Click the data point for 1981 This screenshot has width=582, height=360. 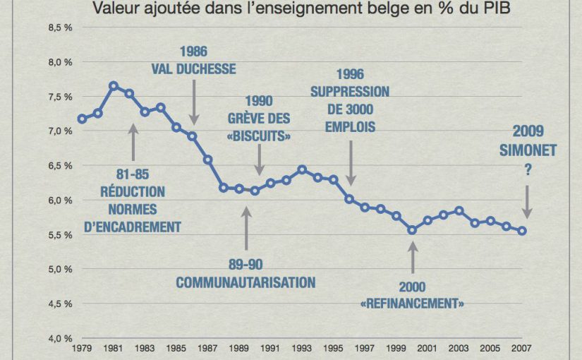point(114,85)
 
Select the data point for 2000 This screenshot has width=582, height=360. point(412,230)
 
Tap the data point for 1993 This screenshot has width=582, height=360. point(302,169)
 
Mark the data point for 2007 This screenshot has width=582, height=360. point(523,231)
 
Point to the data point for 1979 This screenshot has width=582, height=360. point(83,119)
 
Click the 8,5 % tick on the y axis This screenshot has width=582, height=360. point(61,28)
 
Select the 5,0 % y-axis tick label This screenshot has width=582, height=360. point(61,269)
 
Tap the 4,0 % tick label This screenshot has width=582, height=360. point(61,338)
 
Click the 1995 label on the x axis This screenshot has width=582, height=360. point(334,348)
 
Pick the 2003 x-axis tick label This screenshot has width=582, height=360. point(459,348)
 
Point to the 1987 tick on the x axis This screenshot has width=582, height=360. point(208,348)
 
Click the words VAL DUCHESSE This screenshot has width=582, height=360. point(193,69)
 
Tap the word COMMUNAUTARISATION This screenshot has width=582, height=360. point(245,283)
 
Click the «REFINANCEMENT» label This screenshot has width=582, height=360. point(412,304)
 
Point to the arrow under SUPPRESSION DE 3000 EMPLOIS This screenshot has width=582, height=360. point(350,167)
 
